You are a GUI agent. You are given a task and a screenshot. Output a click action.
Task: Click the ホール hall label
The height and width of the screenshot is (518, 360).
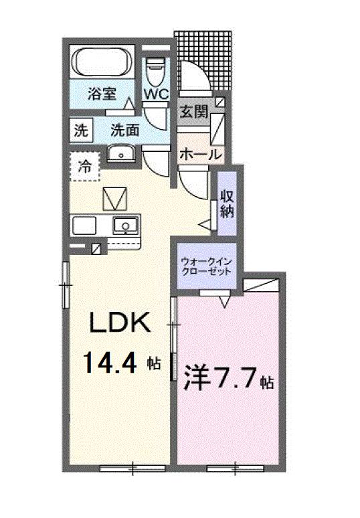click(x=200, y=153)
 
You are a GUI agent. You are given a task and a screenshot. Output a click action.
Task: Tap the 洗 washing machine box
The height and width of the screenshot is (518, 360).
click(x=80, y=131)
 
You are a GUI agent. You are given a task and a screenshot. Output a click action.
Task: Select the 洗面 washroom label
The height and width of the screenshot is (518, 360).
click(x=124, y=130)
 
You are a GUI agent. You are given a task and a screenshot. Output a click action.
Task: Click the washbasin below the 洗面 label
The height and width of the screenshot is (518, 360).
click(x=121, y=155)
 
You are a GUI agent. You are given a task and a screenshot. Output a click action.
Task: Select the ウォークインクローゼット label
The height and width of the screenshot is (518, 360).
click(x=207, y=267)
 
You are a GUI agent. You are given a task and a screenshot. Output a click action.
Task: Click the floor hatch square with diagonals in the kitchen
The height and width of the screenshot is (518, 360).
click(x=113, y=198)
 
